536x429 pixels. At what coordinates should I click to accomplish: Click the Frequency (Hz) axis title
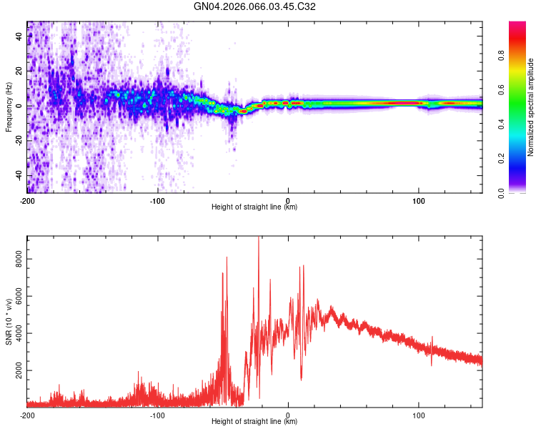coord(9,107)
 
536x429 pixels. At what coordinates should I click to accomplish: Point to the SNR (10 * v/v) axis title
coord(9,322)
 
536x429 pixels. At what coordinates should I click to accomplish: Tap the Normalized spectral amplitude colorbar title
coord(530,107)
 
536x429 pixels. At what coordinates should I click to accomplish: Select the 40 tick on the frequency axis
coord(19,36)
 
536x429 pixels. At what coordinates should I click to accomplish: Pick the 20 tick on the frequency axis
coord(19,71)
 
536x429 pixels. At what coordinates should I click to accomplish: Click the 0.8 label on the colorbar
coord(502,56)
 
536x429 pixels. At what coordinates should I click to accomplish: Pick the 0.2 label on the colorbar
coord(502,159)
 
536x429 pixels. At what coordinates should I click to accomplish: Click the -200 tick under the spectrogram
coord(27,199)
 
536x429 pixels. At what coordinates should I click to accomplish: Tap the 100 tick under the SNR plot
coord(418,415)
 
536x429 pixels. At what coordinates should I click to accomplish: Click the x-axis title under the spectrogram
coord(254,207)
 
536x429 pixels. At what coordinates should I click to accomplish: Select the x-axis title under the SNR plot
coord(254,422)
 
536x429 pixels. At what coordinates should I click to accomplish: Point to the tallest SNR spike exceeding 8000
coord(259,240)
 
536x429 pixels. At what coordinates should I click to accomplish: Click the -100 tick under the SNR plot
coord(157,415)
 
